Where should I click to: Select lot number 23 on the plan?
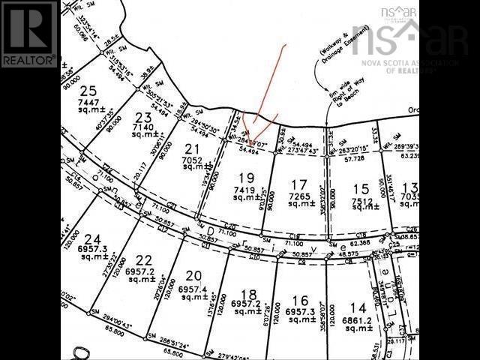point(144,118)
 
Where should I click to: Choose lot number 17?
point(299,184)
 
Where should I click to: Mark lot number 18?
point(249,293)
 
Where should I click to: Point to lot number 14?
point(358,308)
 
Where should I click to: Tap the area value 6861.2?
point(358,319)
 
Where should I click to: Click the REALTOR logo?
point(29,34)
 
